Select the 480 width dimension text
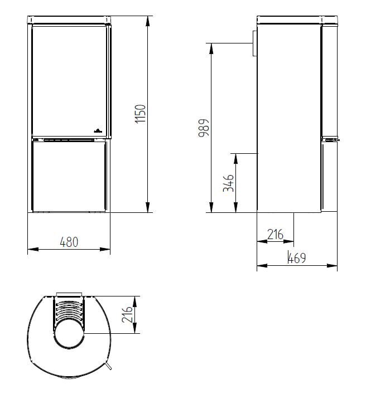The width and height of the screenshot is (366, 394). (69, 242)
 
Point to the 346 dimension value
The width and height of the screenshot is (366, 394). (228, 183)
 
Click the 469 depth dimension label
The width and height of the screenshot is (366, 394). (297, 259)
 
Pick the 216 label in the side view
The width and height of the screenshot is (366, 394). (275, 235)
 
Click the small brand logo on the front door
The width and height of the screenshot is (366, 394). (97, 130)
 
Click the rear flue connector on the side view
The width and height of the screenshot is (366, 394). (253, 43)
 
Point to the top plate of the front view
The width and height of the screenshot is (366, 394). (69, 20)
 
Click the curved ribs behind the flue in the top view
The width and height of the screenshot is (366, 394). (69, 312)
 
